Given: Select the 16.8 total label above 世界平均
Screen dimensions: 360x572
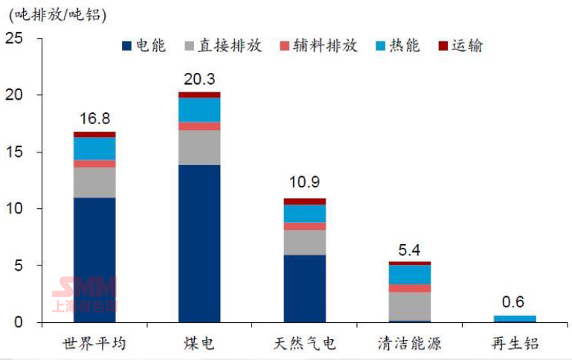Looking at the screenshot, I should coord(94,119).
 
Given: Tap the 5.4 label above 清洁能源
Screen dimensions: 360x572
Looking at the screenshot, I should coord(410,248).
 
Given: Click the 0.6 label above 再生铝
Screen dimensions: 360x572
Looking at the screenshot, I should coord(513,302).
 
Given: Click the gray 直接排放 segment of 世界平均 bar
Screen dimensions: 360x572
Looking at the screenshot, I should coord(94,182).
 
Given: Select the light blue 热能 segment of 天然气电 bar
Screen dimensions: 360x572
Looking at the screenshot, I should coord(305,213).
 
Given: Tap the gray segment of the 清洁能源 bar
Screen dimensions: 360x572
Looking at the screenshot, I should coord(410,306).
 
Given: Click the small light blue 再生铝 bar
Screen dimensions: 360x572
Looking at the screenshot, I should coord(515,319).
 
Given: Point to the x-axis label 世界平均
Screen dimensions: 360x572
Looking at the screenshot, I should coord(94,344).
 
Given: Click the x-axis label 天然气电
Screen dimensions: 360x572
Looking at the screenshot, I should coord(305,344).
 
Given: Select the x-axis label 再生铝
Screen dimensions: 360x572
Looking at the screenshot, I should coord(515,344).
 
